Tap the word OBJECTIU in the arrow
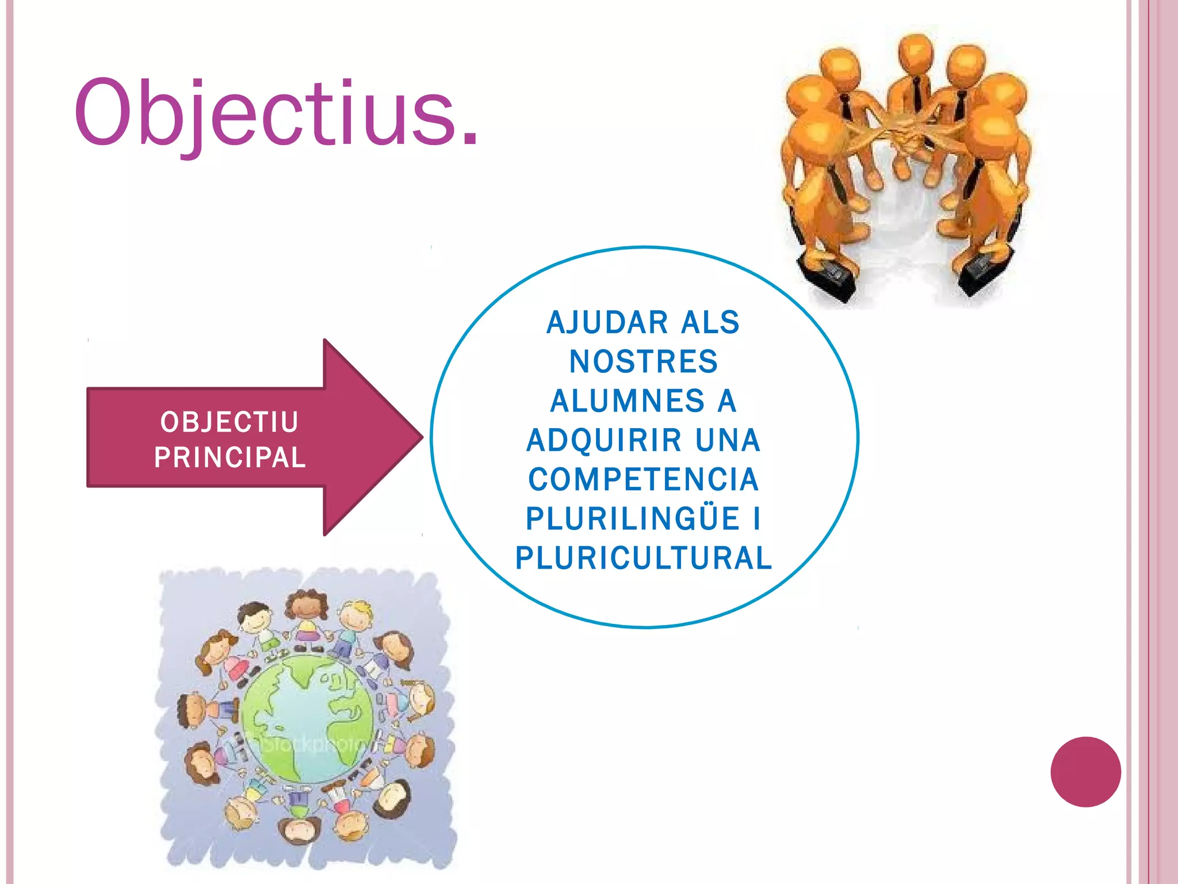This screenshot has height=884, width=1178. coord(229,422)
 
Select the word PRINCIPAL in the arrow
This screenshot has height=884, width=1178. coord(230,458)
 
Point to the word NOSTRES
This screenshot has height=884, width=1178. coord(644,362)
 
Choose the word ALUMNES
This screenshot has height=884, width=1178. coord(627,401)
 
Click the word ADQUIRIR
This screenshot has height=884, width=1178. coord(604,441)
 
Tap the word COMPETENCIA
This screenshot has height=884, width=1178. coord(644,480)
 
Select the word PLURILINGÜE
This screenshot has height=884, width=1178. coord(632,519)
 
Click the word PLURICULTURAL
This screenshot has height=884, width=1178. coord(644,558)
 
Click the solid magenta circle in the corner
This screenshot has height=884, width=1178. coord(1085,772)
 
